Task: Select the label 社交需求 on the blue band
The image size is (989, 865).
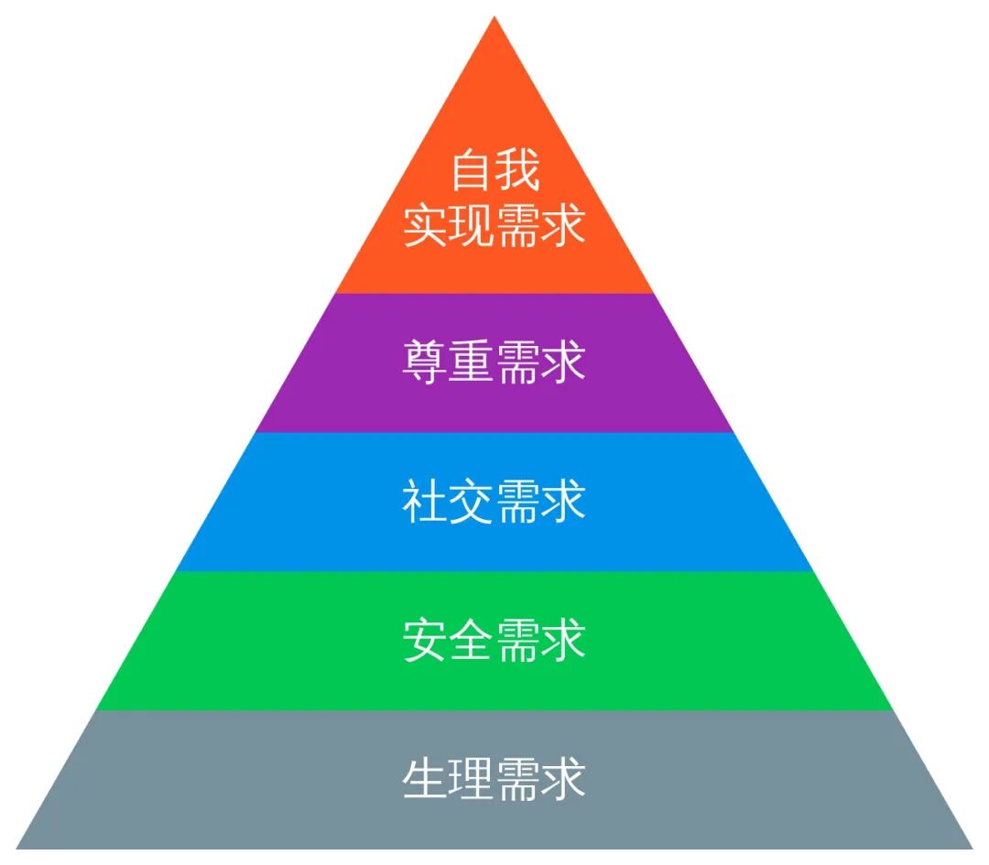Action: pos(494,503)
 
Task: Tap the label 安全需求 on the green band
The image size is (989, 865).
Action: pos(494,641)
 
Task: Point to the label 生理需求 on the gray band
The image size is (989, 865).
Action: pos(494,780)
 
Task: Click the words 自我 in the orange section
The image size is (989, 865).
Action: pos(494,171)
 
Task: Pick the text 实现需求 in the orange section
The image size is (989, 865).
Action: pos(494,225)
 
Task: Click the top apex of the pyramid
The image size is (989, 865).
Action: pos(494,17)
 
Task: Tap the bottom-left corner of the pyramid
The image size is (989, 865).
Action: pos(18,848)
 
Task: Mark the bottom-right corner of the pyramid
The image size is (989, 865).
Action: pos(972,848)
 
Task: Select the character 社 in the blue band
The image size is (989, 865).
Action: pos(425,503)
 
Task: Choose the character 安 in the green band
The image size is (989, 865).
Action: pos(425,641)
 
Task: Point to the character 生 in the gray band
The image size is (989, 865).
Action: pos(425,780)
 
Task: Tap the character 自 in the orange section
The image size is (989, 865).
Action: pos(471,171)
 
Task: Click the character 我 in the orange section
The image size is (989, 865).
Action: pos(517,171)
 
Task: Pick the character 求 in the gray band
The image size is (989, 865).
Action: pos(563,780)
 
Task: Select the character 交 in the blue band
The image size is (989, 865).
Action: pos(471,503)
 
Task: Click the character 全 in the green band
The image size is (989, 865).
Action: pos(471,641)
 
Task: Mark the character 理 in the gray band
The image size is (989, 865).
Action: pos(471,780)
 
